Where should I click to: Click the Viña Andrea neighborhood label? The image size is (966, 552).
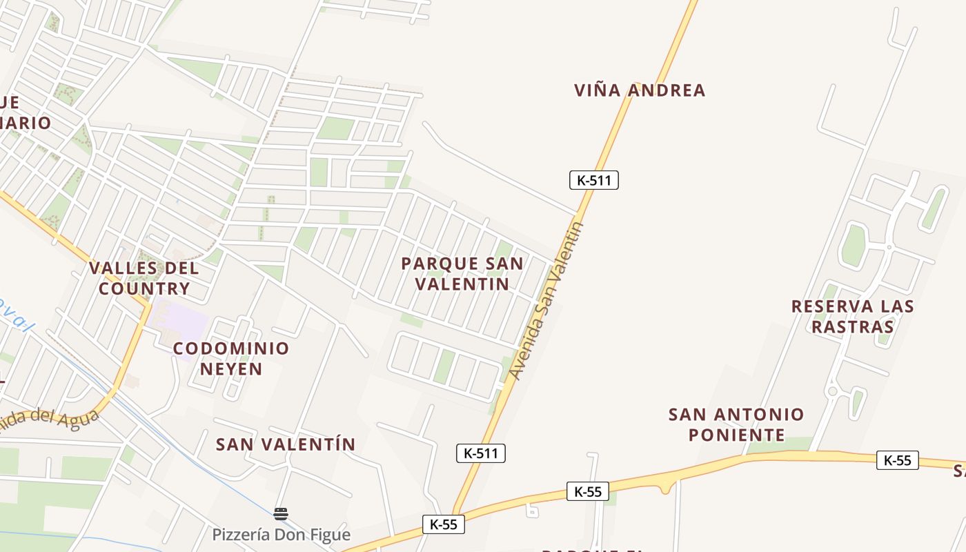(x=640, y=90)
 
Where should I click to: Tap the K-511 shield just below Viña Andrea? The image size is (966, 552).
(x=594, y=180)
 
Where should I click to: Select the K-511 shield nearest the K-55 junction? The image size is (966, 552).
(x=481, y=453)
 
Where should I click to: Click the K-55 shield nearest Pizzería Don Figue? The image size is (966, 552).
(x=444, y=524)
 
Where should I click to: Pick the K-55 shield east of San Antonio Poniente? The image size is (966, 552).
(x=897, y=460)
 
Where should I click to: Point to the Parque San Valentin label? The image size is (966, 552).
(x=462, y=274)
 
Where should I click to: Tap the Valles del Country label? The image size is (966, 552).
(x=144, y=278)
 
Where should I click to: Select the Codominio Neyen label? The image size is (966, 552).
(x=231, y=358)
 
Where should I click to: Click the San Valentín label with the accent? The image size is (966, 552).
(x=286, y=444)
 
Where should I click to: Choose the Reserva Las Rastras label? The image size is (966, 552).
(x=853, y=316)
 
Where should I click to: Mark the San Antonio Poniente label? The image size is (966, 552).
(x=736, y=424)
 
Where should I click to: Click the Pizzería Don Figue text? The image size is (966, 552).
(x=281, y=535)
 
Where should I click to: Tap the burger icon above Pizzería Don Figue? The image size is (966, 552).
(x=280, y=513)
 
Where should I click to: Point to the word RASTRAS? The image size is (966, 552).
(x=853, y=326)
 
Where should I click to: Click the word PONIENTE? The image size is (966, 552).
(x=736, y=435)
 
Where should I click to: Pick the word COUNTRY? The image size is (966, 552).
(x=144, y=288)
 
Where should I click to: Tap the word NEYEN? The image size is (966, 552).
(x=231, y=368)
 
